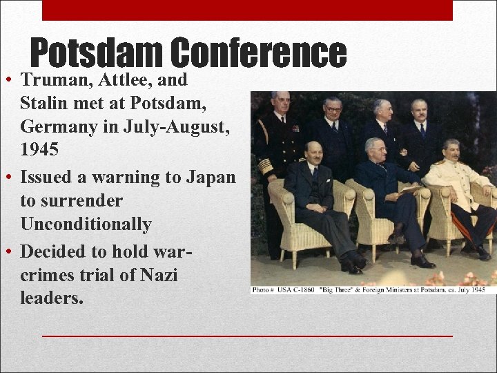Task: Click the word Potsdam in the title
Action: [97, 54]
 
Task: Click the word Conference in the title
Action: [258, 54]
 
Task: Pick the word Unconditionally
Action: [86, 224]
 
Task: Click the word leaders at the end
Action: [52, 298]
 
